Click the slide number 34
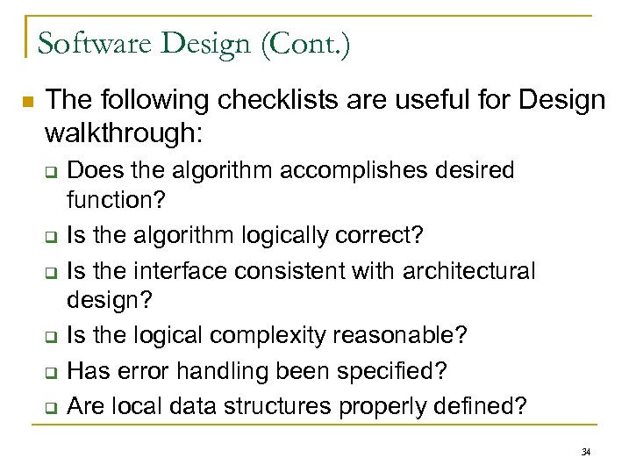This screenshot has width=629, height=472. pyautogui.click(x=586, y=453)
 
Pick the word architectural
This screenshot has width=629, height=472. pyautogui.click(x=468, y=271)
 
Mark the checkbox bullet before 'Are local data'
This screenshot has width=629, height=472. pyautogui.click(x=51, y=408)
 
